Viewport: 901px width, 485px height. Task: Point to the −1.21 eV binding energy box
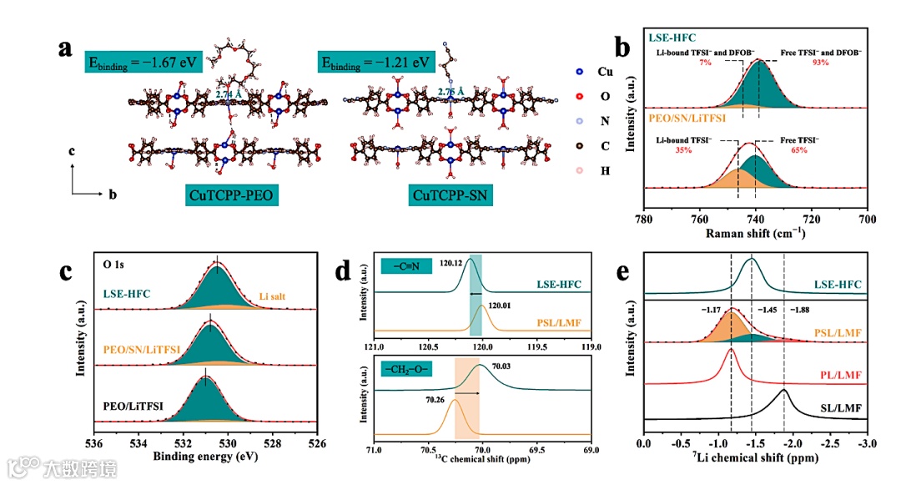376,63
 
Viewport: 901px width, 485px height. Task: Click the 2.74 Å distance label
228,95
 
